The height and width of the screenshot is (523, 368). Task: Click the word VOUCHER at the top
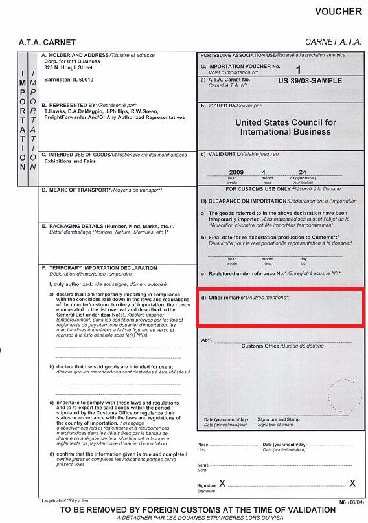click(x=338, y=12)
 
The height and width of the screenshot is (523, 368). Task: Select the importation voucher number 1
click(x=298, y=69)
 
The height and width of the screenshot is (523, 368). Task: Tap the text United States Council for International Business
click(x=286, y=127)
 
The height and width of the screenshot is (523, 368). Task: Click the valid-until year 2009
click(x=236, y=172)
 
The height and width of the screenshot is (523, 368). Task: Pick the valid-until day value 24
click(x=303, y=172)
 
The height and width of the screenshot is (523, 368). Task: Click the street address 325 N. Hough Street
click(x=69, y=67)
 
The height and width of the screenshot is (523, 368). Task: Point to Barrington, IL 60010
click(x=69, y=80)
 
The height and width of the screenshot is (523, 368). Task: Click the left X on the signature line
click(x=222, y=483)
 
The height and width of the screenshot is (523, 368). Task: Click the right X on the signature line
click(x=352, y=483)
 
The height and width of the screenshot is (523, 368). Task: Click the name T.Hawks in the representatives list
click(x=55, y=112)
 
